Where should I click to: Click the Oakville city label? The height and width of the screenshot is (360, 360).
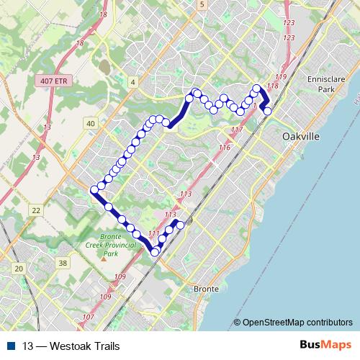302,136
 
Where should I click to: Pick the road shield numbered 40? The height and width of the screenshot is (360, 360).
90,124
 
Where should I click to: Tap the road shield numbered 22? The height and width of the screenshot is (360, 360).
35,210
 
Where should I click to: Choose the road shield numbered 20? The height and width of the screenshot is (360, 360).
19,268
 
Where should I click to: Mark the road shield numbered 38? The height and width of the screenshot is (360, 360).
63,263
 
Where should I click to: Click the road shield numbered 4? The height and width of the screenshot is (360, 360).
133,84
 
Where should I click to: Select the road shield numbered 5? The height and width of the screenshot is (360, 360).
203,5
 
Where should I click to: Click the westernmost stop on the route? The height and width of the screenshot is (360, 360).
94,189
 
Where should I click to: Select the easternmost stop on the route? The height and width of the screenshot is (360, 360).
268,111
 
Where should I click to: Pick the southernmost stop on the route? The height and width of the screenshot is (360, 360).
154,252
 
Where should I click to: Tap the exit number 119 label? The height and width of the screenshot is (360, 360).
281,76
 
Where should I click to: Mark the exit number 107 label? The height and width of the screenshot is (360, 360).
89,318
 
